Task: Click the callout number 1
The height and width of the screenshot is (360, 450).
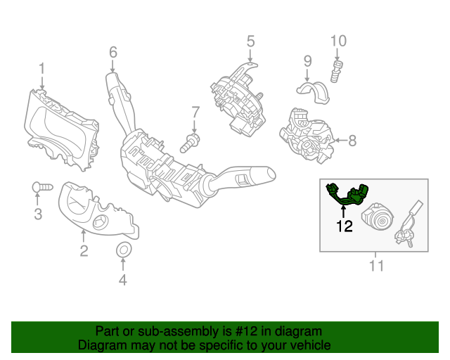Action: pos(41,68)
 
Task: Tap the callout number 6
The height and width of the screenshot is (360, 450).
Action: pos(112,51)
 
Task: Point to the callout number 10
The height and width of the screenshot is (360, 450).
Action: pos(338,41)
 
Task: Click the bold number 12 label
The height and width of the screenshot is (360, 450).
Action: pos(344,226)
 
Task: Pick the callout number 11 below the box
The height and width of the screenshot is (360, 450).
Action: pos(376,265)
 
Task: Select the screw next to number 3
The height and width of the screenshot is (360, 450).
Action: pos(42,187)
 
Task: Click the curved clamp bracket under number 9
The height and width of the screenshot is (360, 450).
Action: pos(309,92)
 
